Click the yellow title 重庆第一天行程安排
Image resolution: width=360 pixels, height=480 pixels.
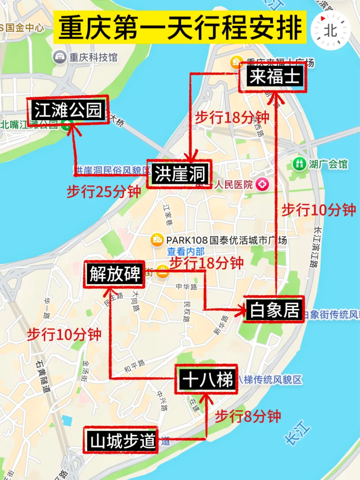point(180,27)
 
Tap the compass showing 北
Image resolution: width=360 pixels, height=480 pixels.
point(330,31)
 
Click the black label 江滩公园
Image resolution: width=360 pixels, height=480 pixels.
point(68,110)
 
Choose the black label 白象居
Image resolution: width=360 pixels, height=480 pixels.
point(274,310)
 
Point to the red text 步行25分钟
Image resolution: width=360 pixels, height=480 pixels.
point(104,192)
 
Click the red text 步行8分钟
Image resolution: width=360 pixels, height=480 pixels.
point(248,417)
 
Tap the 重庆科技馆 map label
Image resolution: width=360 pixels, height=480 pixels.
point(93,57)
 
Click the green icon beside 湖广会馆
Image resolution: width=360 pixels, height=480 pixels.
point(299,164)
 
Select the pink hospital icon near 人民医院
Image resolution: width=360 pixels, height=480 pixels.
point(262,184)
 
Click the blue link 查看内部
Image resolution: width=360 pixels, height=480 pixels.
point(186,251)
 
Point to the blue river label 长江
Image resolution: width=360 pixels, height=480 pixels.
point(297,433)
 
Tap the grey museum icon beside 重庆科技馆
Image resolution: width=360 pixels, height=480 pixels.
point(60,57)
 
